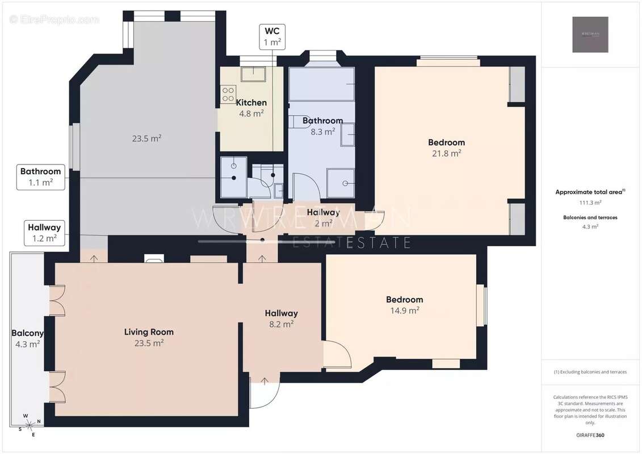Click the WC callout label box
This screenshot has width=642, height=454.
pos(271,37)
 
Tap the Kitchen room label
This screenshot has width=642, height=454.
pos(251,103)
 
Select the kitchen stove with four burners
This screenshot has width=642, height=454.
pos(228,94)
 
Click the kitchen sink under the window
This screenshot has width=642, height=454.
pos(253,74)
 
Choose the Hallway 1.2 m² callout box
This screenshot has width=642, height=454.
pos(44,233)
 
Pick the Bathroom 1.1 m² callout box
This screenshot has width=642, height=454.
pos(40,176)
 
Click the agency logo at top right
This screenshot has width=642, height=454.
pos(590,35)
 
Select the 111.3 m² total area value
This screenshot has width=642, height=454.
pos(590,202)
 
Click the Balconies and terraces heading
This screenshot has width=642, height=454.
pos(590,217)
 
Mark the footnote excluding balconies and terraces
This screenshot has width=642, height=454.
pos(590,372)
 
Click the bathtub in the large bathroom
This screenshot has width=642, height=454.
pos(321,84)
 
